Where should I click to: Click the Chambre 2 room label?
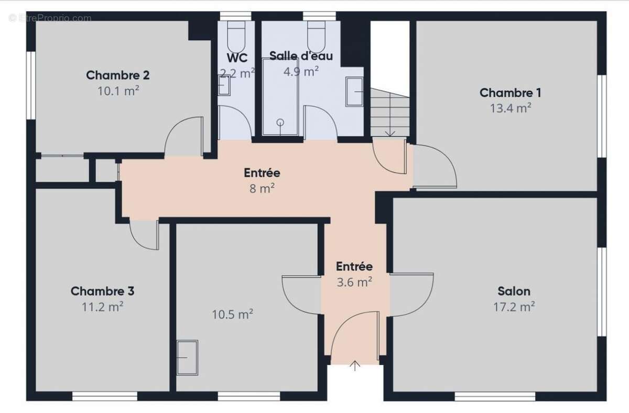117,75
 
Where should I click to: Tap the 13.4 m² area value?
511,108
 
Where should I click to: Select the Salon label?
514,291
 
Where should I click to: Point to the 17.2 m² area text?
514,307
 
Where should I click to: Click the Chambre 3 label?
103,291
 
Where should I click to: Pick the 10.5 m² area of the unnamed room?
233,314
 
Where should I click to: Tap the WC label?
237,58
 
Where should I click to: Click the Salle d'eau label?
301,56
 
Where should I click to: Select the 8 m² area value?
262,188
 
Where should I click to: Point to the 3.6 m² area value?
354,282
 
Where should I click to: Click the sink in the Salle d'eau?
354,92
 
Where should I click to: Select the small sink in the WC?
224,85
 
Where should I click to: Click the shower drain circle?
280,123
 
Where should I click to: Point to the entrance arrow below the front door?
355,366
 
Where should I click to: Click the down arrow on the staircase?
390,115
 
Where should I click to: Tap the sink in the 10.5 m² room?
187,357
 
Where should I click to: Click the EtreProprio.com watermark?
50,18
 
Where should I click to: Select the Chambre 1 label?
510,93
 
